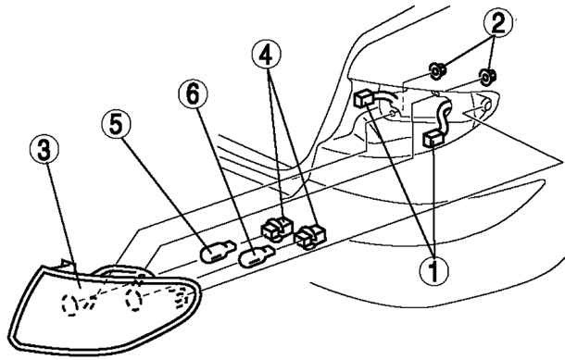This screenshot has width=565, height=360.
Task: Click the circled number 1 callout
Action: coord(434,271)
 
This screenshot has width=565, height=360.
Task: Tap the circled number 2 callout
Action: coord(498,23)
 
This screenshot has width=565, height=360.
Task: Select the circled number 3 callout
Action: coord(44,149)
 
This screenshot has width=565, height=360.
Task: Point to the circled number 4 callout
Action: coord(266,55)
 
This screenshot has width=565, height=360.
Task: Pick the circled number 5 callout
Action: coord(116,124)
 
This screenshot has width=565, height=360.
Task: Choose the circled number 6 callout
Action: coord(194,93)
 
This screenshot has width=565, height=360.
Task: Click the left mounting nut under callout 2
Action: coord(437,71)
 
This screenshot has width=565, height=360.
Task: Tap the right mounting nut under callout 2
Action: coord(486,77)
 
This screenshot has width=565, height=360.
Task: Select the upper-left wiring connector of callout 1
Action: coord(363,98)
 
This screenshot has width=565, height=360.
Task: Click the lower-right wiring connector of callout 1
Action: coord(433,139)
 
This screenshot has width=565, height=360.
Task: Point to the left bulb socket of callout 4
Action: coord(276,229)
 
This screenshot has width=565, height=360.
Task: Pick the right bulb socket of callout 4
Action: coord(310,236)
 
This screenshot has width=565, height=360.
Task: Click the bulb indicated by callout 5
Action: coord(218,251)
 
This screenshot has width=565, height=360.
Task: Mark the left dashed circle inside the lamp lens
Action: coord(69,304)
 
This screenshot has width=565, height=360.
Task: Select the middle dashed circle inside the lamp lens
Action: coord(133,299)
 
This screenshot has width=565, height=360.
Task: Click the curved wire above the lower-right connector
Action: coord(444,115)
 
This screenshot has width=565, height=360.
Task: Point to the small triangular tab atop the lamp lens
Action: coord(66,265)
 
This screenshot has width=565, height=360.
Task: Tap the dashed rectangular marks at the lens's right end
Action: coord(182,297)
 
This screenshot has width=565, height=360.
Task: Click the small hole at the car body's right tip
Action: coord(486,106)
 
